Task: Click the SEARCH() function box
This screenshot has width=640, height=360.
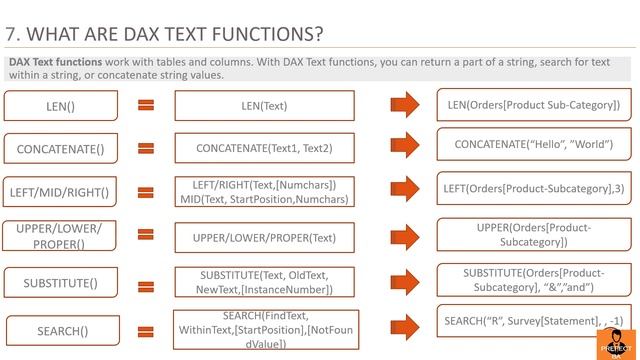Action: pos(63,330)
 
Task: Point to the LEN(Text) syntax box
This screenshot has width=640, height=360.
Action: pos(264,105)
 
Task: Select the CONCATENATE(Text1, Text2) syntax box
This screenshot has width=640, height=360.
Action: pos(264,148)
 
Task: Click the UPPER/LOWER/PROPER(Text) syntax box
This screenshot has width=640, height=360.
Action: pos(264,237)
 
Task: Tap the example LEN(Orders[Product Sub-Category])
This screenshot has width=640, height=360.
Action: pos(534,104)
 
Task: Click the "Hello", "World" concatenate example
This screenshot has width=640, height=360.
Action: pos(534,145)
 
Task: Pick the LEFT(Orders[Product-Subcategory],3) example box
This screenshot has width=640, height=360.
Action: pos(534,188)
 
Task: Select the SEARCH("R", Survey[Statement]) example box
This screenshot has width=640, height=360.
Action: pos(534,321)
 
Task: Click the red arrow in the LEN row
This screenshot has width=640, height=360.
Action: pos(405,104)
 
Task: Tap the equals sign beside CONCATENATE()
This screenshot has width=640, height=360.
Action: pos(146,148)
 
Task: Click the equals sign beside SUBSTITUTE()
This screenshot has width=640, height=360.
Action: pos(146,282)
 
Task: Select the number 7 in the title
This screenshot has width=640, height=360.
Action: pos(10,35)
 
